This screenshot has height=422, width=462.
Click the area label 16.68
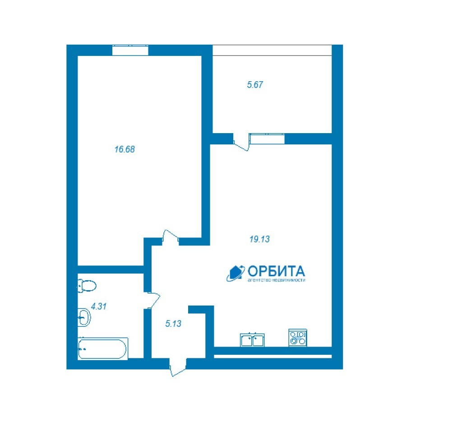(125, 149)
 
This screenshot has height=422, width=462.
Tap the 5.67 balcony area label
(255, 85)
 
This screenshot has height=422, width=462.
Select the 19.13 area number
(259, 239)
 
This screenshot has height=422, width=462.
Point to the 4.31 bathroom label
(99, 306)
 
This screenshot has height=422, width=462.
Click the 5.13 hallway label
(173, 324)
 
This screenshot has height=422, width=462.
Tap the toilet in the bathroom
(87, 286)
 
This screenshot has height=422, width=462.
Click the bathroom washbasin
(84, 317)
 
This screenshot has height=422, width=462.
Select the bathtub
(102, 348)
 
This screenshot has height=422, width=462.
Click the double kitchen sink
(252, 340)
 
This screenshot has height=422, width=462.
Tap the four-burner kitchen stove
(298, 338)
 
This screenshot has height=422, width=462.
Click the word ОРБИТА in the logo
(276, 271)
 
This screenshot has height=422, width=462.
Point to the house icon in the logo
(236, 273)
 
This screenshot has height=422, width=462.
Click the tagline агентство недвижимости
(277, 280)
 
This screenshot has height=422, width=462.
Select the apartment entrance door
(178, 367)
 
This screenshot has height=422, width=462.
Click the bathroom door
(152, 301)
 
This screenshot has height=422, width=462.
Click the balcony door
(241, 142)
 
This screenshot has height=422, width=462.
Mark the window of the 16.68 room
(130, 50)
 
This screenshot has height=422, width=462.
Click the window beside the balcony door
(267, 139)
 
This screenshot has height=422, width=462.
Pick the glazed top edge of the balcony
(272, 50)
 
